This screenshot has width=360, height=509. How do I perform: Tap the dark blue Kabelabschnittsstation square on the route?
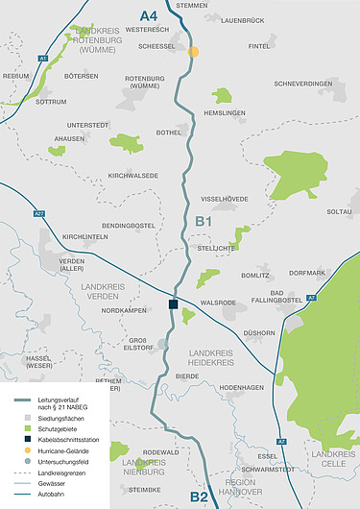tap(173, 304)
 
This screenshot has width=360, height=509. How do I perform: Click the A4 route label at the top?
tap(148, 15)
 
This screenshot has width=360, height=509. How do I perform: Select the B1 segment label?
tap(203, 222)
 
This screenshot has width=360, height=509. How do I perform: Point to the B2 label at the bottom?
tap(199, 497)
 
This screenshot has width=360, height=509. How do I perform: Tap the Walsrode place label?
tap(218, 303)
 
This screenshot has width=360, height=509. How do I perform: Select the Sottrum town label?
tap(51, 100)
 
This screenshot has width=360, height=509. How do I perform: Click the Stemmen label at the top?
tap(192, 6)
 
